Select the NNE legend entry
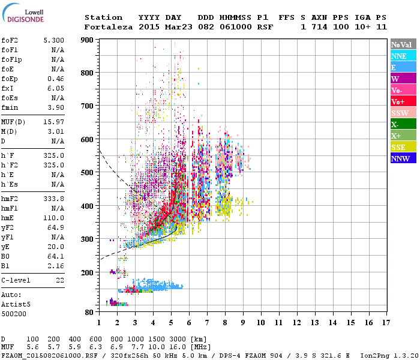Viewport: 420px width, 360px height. [399, 56]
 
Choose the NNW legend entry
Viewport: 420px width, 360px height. [400, 158]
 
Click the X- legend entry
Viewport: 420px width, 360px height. [396, 124]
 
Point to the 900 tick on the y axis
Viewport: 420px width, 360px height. [89, 40]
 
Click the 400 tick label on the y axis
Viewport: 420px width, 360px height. [89, 206]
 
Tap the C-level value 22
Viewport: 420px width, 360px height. [59, 280]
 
